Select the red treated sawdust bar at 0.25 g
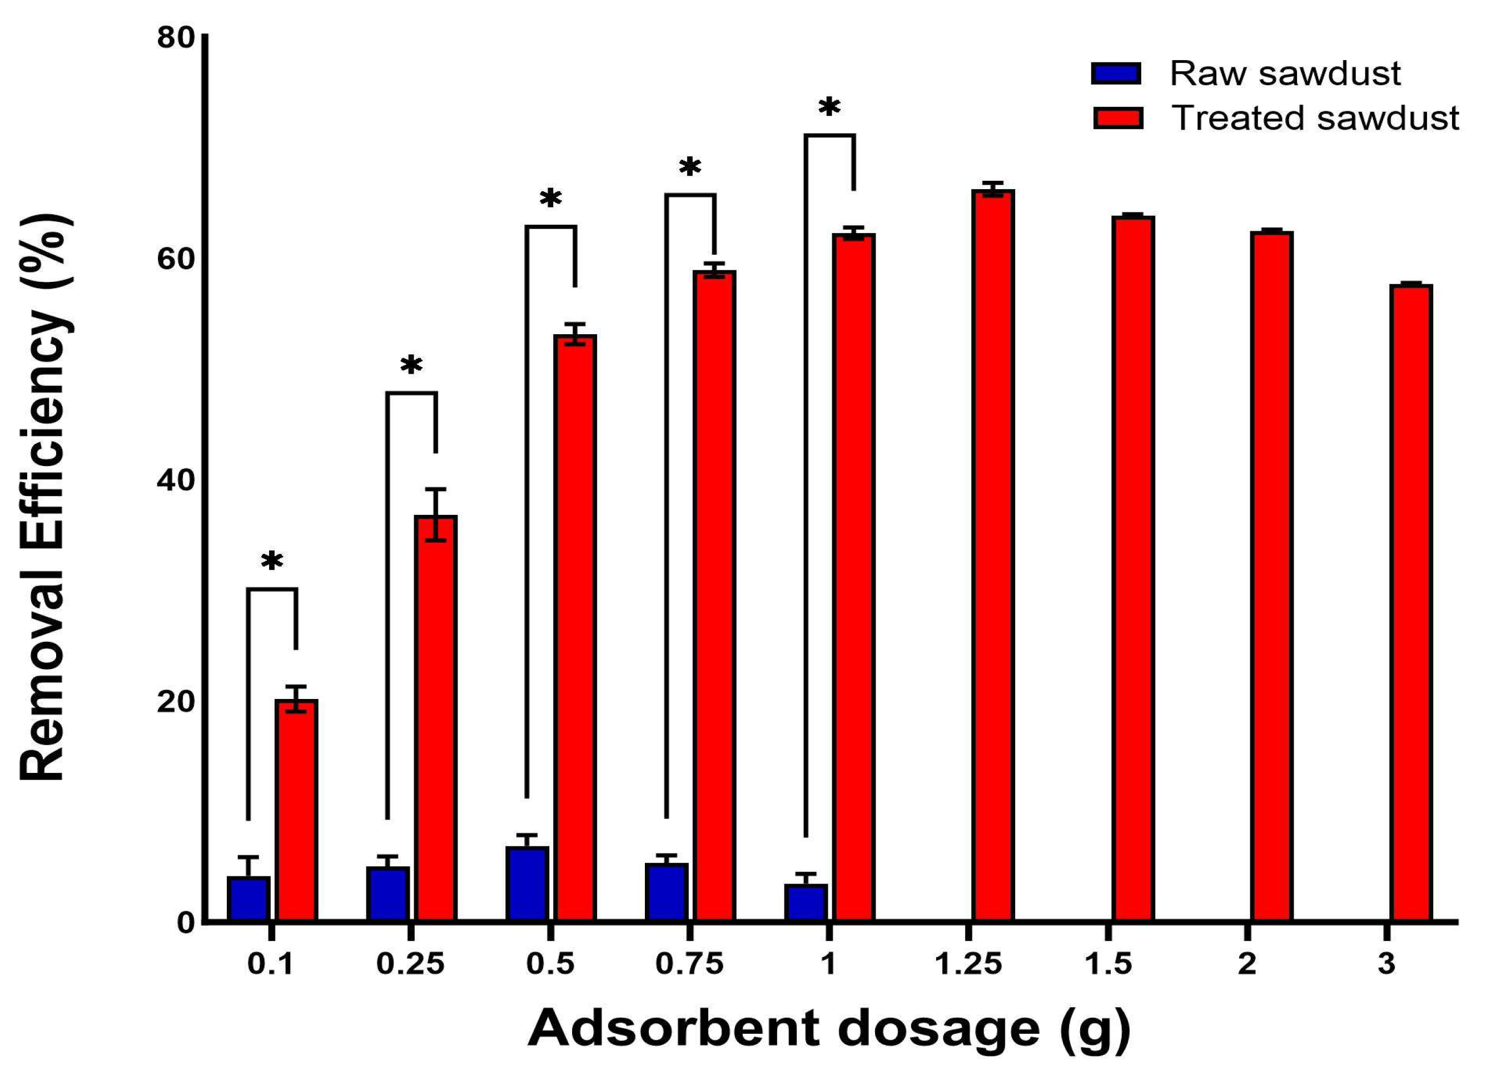click(436, 718)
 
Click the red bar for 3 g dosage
click(1412, 603)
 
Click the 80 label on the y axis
click(176, 38)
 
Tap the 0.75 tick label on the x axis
click(689, 964)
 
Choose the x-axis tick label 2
click(1247, 964)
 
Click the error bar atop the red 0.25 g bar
click(436, 514)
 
